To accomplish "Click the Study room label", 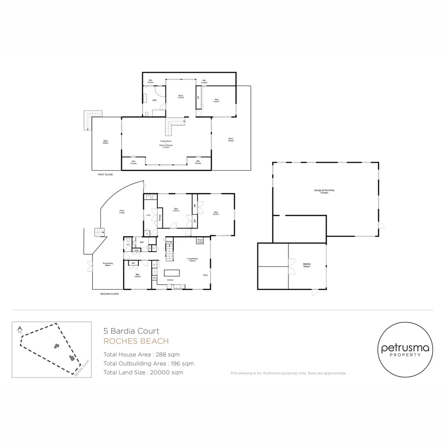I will (x=180, y=96).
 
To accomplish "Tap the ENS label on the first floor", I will (x=155, y=100).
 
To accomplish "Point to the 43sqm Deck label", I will (x=231, y=139).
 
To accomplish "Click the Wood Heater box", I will (x=200, y=240).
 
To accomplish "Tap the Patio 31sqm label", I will (x=122, y=212).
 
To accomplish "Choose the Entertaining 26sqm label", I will (x=108, y=264).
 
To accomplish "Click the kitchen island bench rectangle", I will (x=172, y=273).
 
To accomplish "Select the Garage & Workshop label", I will (x=324, y=191).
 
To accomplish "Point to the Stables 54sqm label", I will (x=307, y=265).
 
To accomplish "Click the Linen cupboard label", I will (x=136, y=250).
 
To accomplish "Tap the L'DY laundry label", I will (x=148, y=215).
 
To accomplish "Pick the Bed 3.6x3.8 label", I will (x=137, y=275).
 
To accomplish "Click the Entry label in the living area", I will (x=205, y=275).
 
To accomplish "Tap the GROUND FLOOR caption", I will (x=109, y=294).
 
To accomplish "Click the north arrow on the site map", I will (x=19, y=330).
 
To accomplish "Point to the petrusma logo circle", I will (x=405, y=350).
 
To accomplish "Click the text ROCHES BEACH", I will (x=136, y=341).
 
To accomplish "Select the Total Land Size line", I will (x=143, y=372).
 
